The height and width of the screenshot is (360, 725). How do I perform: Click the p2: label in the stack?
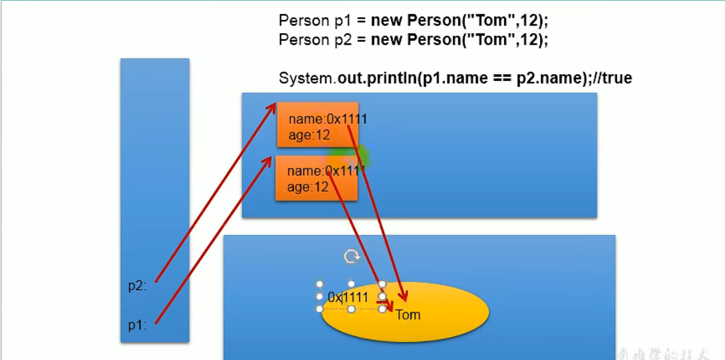click(137, 286)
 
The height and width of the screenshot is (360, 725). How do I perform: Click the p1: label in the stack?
click(137, 326)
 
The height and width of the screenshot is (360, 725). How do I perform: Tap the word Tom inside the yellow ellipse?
click(408, 315)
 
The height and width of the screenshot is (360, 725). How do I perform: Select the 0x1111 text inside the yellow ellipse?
click(348, 297)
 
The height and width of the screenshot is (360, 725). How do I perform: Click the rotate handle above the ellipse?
click(352, 257)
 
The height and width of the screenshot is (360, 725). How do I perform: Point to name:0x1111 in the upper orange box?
click(327, 119)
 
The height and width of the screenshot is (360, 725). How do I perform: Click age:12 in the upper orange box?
click(309, 135)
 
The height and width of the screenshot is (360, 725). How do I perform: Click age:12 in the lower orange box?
click(308, 187)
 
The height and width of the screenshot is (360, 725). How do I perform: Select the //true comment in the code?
click(611, 79)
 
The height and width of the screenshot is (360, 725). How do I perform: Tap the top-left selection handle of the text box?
click(320, 284)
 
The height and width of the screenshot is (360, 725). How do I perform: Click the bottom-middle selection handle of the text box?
click(351, 309)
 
